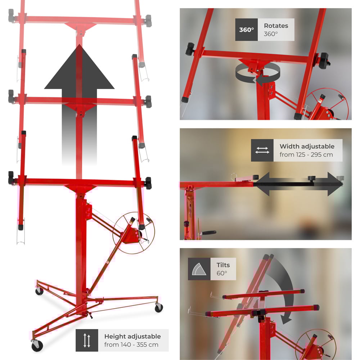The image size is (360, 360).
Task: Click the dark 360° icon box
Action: (x=246, y=30)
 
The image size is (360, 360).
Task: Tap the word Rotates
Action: (x=276, y=26)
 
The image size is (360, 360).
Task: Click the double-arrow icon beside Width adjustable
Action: (x=262, y=150)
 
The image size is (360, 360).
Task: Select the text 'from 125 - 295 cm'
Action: (x=306, y=154)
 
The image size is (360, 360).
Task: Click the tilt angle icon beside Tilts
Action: (x=199, y=269)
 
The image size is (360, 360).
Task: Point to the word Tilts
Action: (x=223, y=265)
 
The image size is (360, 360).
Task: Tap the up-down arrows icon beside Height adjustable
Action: (x=87, y=340)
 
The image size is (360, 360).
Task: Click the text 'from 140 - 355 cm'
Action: (x=131, y=345)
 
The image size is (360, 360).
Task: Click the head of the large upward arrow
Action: (x=79, y=67)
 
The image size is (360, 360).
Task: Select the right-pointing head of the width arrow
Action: (x=335, y=184)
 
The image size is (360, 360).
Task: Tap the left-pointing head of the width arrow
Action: (x=261, y=184)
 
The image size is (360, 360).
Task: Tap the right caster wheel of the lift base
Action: (x=159, y=308)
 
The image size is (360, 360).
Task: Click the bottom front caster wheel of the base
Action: (x=37, y=346)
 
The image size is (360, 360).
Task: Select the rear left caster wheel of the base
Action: (x=39, y=291)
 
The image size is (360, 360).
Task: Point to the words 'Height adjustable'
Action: (x=132, y=336)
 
